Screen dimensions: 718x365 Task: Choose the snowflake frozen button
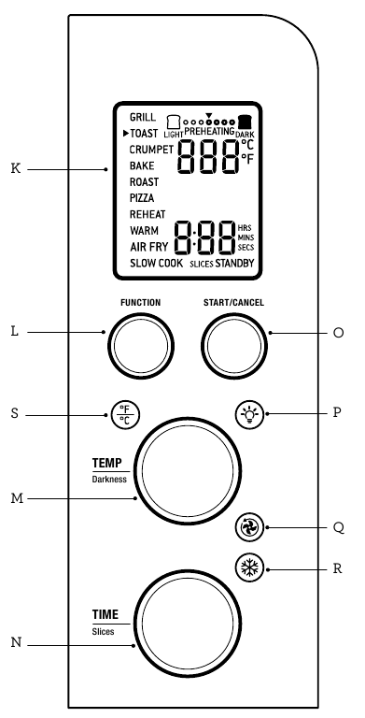[247, 568]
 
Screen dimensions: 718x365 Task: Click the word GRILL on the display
[143, 118]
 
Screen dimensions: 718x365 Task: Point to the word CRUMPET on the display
[150, 150]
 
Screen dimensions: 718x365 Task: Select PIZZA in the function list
[143, 198]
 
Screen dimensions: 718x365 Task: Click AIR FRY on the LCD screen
[148, 247]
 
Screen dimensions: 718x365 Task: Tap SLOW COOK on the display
[156, 264]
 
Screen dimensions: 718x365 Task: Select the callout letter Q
[338, 526]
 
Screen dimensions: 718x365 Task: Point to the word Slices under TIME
[103, 632]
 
